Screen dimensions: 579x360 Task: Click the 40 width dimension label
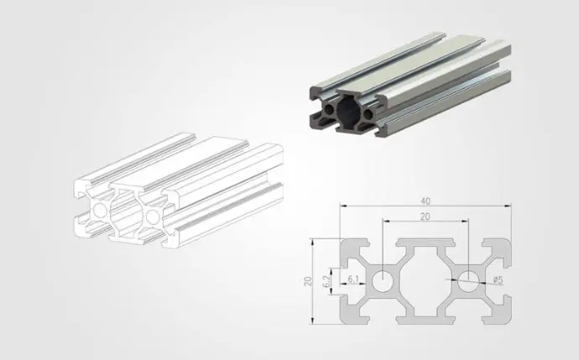pos(425,201)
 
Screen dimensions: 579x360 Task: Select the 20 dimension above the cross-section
pos(425,217)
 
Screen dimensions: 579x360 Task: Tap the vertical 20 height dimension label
pos(308,281)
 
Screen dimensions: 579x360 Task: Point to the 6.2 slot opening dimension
pos(326,281)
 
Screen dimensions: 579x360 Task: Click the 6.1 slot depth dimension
pos(353,279)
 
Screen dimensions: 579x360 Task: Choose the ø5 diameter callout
pos(498,280)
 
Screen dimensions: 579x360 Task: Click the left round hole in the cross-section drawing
pos(383,281)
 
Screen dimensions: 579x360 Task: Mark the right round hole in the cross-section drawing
pos(468,281)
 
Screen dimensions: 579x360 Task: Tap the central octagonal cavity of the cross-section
pos(425,281)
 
